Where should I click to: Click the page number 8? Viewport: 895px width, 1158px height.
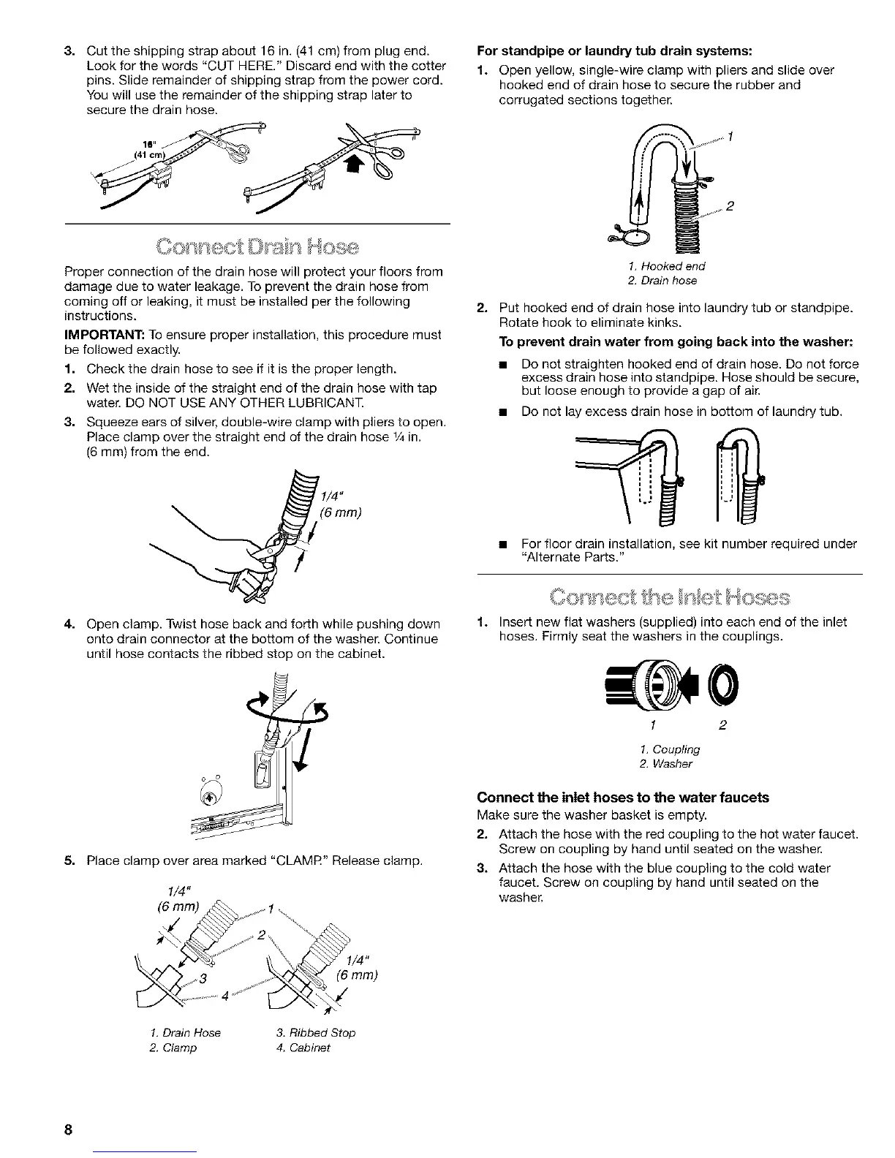pyautogui.click(x=67, y=1129)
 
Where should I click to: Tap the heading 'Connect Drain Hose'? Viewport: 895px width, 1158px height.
pyautogui.click(x=257, y=246)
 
